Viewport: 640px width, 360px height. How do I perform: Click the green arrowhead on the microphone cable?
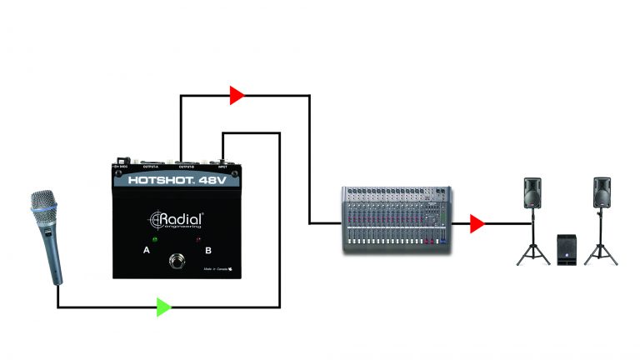pos(163,307)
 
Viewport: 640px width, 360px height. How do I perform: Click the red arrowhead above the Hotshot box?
pos(237,95)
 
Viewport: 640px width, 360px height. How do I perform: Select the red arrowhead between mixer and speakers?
pos(476,223)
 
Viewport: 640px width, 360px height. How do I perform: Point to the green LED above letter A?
pos(153,237)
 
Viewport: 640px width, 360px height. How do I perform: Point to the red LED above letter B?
pos(200,238)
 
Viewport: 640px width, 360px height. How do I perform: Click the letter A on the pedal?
pos(147,249)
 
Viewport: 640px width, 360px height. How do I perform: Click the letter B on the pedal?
pos(208,249)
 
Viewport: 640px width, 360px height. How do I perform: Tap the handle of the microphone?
pos(56,258)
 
